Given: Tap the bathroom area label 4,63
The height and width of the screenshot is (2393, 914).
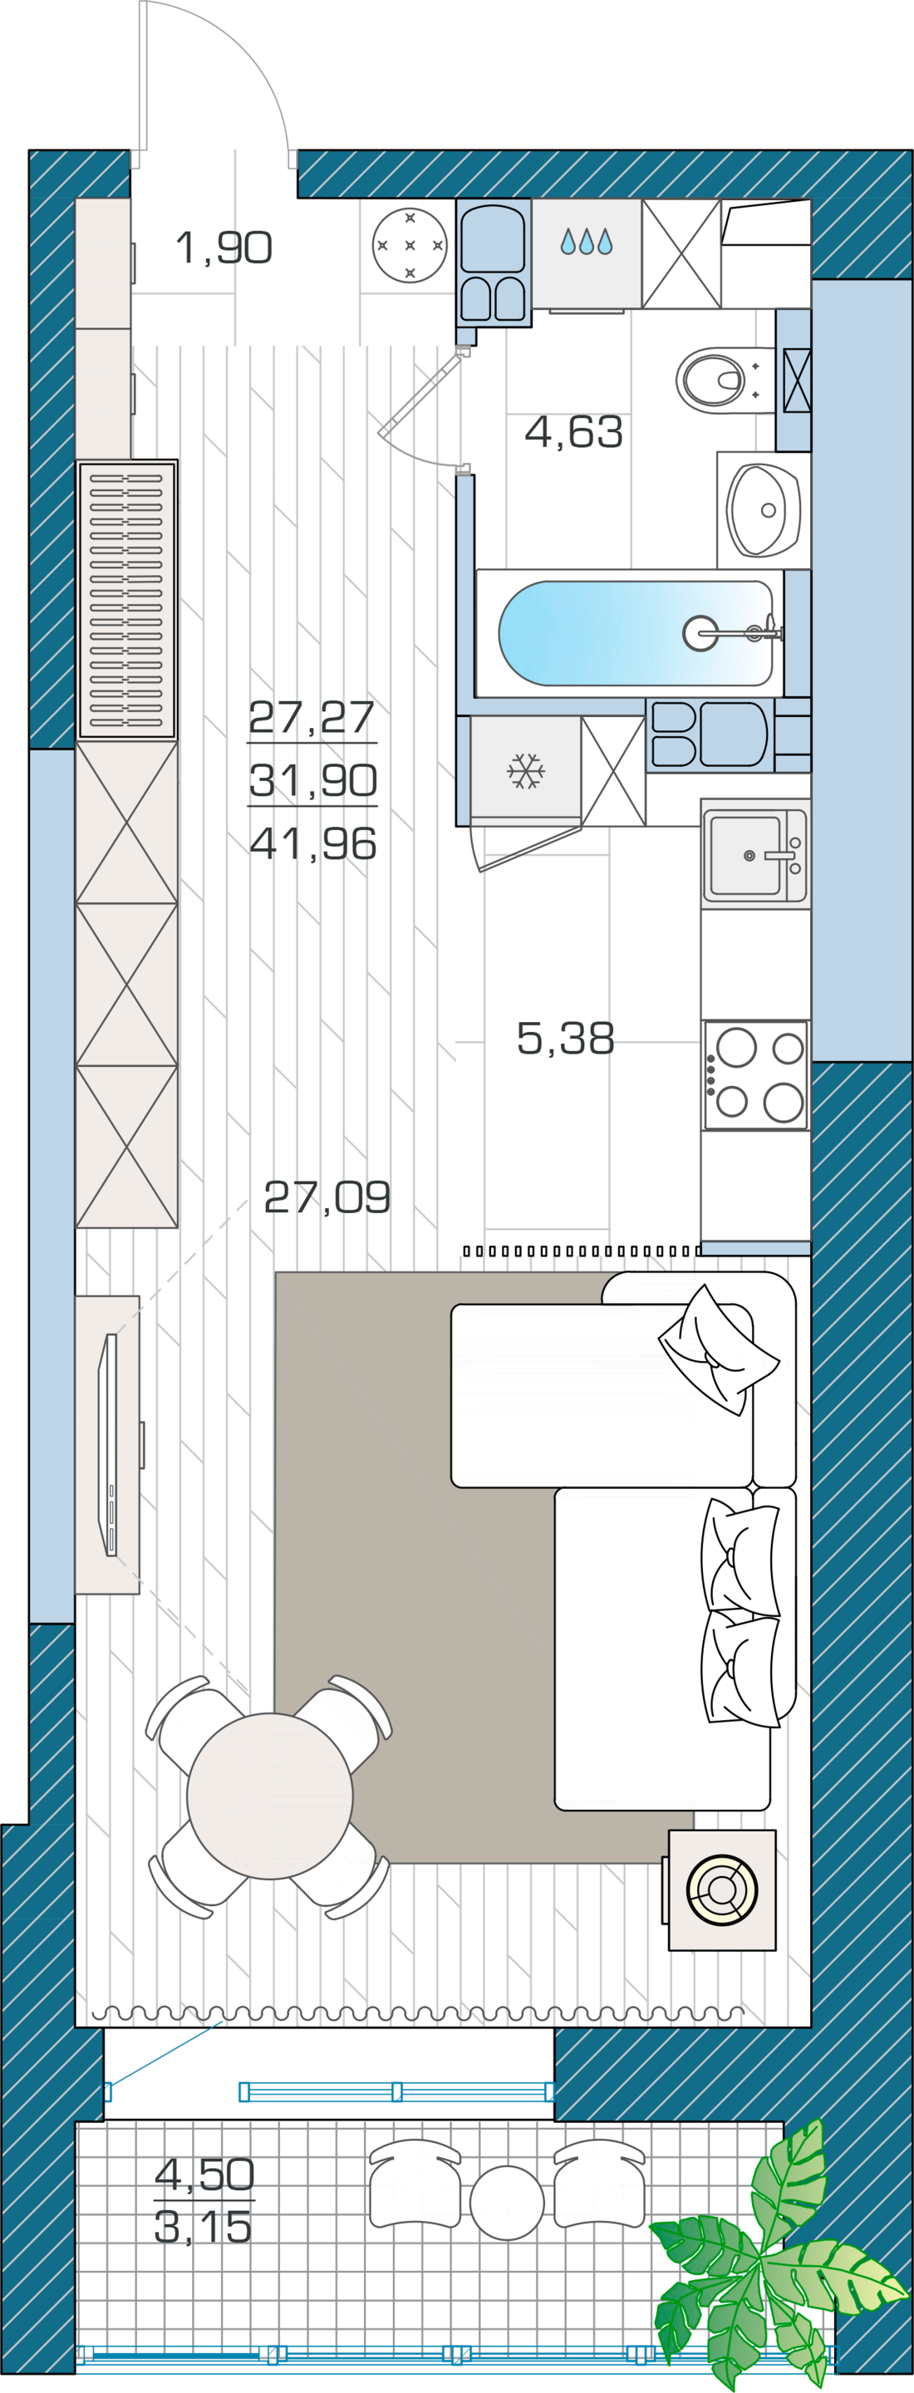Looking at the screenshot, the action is tap(573, 431).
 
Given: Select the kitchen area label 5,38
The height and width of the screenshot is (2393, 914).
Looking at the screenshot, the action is tap(565, 1038).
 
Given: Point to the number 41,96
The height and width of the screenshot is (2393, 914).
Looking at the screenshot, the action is tap(313, 843).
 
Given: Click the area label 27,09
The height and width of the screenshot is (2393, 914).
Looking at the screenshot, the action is tap(327, 1197).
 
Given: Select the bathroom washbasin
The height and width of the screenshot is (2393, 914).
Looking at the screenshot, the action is tap(764, 509).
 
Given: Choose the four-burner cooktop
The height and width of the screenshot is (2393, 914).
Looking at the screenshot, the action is tap(756, 1076).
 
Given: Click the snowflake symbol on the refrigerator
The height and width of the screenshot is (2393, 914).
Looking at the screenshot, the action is tap(526, 771).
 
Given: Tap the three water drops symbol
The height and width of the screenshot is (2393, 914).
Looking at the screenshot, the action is tap(586, 242).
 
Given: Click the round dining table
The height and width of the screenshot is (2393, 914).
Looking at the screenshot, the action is tap(269, 1796).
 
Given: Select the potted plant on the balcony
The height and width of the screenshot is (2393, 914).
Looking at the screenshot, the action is tap(771, 2258).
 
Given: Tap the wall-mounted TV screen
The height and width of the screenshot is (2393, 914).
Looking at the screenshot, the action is tap(109, 1445).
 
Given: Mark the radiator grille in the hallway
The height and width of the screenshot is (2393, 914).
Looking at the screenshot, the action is tap(126, 600).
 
